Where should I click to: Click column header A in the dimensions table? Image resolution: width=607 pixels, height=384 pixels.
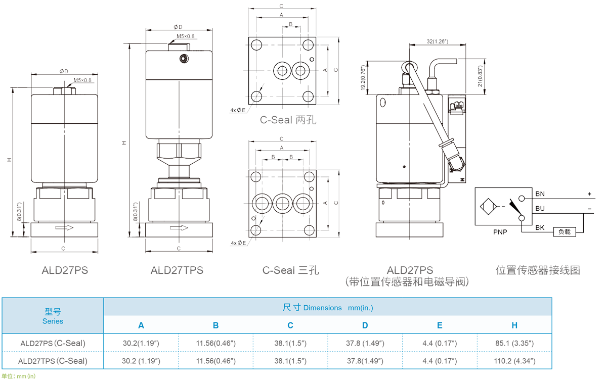click(x=141, y=325)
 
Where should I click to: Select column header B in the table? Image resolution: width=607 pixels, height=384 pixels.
click(x=215, y=325)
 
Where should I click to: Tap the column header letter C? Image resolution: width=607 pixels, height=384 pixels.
click(x=290, y=325)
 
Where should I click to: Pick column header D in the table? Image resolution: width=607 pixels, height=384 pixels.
click(x=365, y=325)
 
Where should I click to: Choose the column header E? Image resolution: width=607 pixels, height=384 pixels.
click(x=440, y=325)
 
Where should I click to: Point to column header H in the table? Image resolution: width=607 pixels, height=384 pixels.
click(x=514, y=325)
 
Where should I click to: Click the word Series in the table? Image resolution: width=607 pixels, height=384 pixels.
click(x=53, y=321)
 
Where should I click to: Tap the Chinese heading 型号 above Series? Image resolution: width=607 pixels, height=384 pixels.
click(x=53, y=312)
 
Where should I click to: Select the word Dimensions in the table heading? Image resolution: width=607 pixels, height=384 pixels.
click(x=322, y=308)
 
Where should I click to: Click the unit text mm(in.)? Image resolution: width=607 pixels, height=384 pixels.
click(x=360, y=308)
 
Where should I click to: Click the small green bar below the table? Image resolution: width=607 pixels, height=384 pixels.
click(x=18, y=376)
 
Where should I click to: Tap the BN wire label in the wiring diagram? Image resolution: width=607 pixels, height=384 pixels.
click(x=540, y=194)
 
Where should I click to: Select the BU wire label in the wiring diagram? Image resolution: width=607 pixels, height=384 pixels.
click(x=540, y=207)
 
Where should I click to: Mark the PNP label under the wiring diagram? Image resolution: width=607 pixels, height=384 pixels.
click(x=500, y=231)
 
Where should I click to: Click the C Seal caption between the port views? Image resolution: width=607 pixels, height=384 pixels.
click(x=286, y=120)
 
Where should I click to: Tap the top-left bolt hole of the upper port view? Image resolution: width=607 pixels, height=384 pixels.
click(x=255, y=43)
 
